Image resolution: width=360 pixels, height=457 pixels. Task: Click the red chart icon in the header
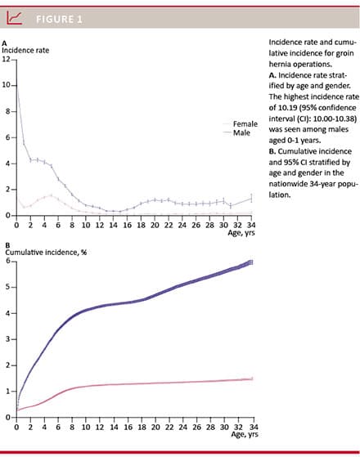14,18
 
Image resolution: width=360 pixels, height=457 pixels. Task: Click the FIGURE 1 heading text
59,20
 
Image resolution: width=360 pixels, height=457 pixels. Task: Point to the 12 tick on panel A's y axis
6,59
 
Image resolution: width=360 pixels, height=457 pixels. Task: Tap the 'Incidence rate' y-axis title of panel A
25,50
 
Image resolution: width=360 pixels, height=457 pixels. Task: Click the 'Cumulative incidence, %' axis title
46,252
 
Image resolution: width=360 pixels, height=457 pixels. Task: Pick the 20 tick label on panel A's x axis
155,225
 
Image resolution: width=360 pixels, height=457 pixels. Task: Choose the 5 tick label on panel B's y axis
8,287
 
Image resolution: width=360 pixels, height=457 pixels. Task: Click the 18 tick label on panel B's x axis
142,427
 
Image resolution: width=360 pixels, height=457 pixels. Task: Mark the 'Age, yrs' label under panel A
241,232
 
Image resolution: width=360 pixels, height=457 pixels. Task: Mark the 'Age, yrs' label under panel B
245,434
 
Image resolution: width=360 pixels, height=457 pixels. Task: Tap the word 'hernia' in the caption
278,64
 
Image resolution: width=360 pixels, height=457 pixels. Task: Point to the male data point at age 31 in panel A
231,206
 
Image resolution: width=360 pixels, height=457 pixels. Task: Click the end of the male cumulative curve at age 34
252,262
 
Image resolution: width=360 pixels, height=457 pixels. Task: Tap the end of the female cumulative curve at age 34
252,379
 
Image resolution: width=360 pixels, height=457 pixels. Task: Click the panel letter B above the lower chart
7,245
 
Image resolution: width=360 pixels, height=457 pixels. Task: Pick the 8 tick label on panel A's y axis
8,111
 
